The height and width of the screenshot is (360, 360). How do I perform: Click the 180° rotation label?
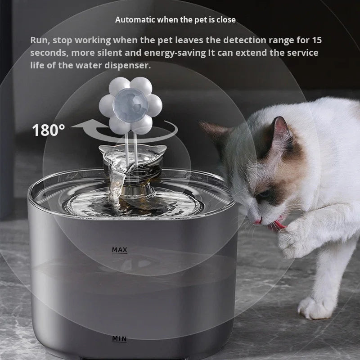click(49, 130)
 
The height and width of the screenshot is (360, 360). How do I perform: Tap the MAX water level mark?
click(120, 249)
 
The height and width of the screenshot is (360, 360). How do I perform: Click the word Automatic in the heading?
click(133, 20)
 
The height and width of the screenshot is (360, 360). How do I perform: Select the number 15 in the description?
click(316, 40)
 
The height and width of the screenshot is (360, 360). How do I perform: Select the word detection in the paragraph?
click(242, 40)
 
